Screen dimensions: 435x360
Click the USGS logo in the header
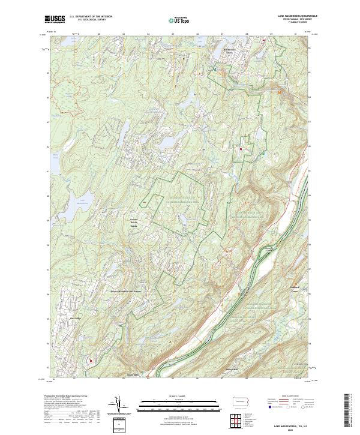[55, 19]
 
